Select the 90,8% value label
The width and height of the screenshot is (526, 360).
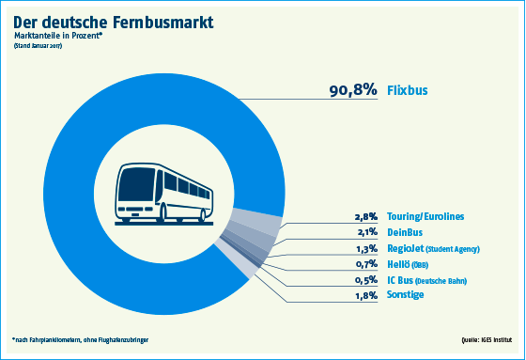pyautogui.click(x=352, y=91)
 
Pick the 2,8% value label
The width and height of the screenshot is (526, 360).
pyautogui.click(x=365, y=216)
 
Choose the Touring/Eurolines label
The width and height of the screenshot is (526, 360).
pyautogui.click(x=425, y=216)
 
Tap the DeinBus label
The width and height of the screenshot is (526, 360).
pyautogui.click(x=405, y=232)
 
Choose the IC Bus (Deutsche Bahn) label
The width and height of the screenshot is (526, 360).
pyautogui.click(x=427, y=280)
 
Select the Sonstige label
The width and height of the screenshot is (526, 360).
pyautogui.click(x=407, y=295)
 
